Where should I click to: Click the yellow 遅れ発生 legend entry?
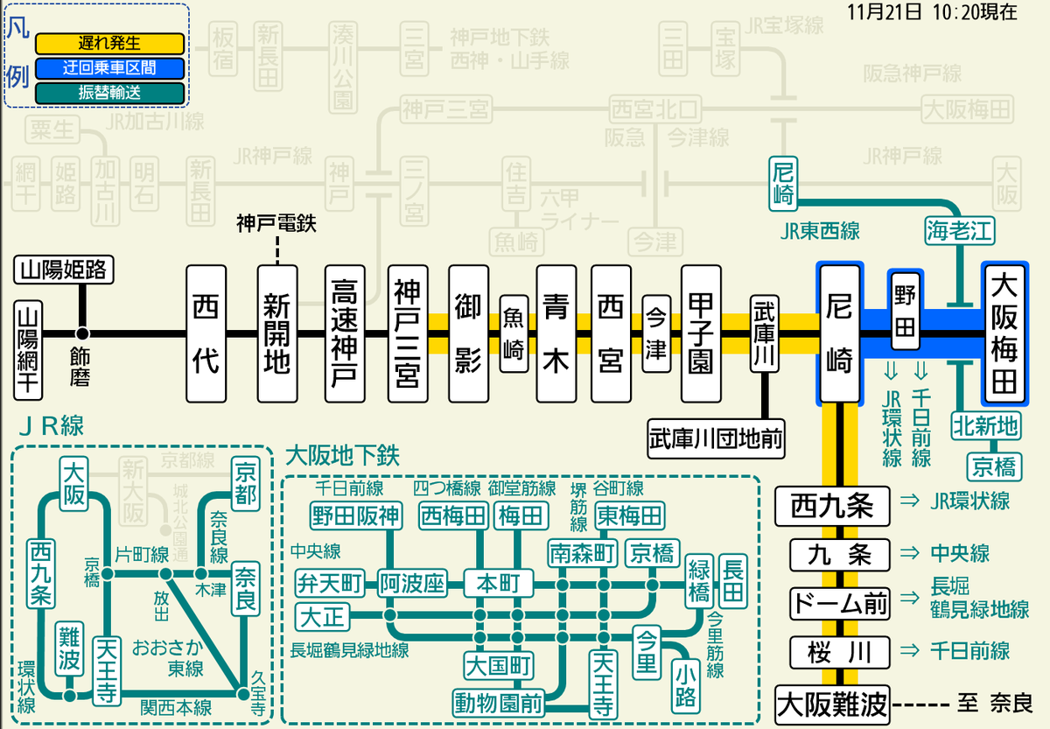109,43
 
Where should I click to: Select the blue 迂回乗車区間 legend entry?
109,67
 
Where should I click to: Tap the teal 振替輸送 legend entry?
109,92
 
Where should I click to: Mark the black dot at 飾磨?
83,333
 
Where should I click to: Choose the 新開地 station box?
277,333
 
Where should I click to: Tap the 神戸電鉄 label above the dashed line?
276,223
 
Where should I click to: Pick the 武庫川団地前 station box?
715,434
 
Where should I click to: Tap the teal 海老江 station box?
960,231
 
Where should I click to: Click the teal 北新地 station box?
985,426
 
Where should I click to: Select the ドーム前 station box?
839,603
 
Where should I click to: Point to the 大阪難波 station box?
832,704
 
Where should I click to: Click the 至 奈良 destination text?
997,704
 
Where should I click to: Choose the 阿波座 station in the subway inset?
412,582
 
